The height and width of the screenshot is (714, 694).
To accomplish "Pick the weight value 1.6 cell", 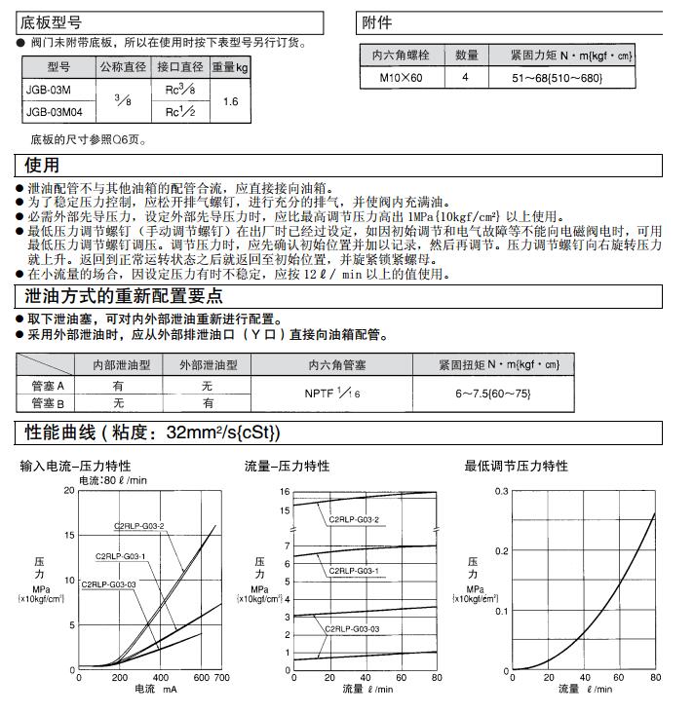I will (x=231, y=101).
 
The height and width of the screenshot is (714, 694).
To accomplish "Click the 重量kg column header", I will (x=231, y=67).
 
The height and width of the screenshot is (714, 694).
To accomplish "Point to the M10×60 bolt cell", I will (x=402, y=77).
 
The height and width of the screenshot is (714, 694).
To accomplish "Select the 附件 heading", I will (x=377, y=22).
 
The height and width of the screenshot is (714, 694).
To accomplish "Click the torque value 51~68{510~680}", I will (x=559, y=78).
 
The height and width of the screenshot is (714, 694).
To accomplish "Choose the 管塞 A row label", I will (x=47, y=386).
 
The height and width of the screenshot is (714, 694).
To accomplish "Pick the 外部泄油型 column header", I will (x=208, y=365).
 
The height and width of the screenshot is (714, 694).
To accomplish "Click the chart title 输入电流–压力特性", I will (x=75, y=467).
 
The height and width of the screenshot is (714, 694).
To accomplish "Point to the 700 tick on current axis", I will (x=222, y=677).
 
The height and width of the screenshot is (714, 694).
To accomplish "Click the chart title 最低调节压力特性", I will (x=516, y=467).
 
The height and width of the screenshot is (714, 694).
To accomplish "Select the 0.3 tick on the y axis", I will (x=502, y=491).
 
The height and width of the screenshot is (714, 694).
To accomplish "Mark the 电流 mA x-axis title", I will (x=155, y=690).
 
